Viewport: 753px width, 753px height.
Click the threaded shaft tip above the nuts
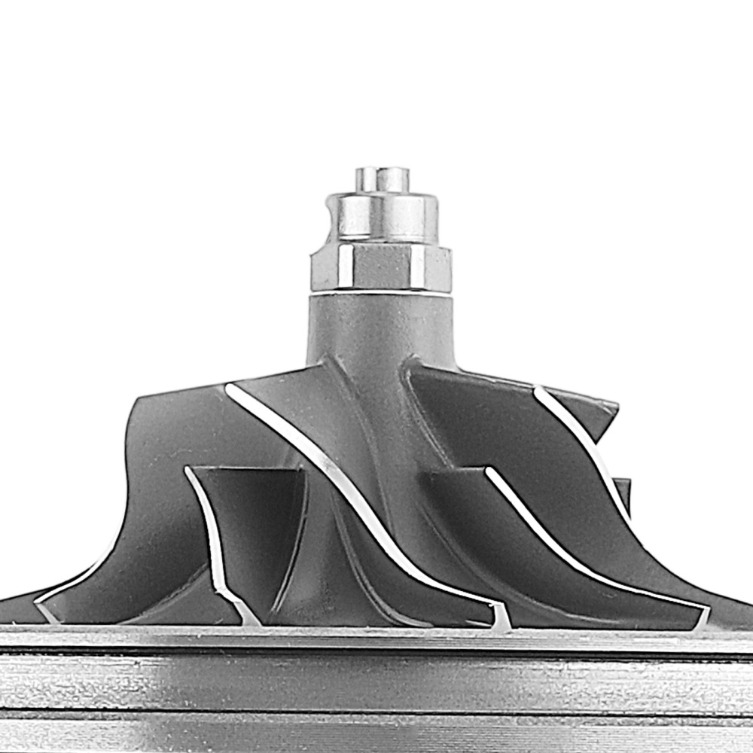[x=383, y=179]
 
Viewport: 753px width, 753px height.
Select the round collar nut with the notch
[x=384, y=217]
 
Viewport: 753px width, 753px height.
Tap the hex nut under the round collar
[x=381, y=268]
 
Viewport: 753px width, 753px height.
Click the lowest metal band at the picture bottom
[x=376, y=734]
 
